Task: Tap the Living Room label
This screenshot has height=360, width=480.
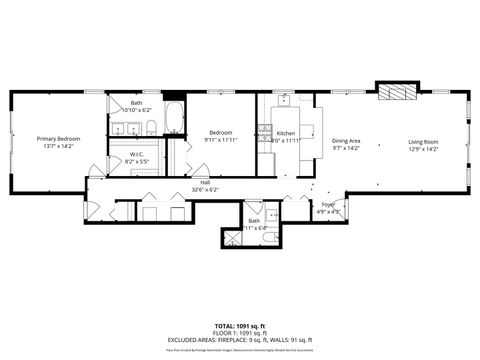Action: tap(423, 142)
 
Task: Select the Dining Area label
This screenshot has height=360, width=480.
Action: tap(346, 142)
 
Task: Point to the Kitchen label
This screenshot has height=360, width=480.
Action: tap(286, 134)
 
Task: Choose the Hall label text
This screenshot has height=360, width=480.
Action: tap(204, 183)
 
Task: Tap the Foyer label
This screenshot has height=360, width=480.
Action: tap(328, 204)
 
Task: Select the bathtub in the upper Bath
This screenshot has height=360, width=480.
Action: tap(173, 118)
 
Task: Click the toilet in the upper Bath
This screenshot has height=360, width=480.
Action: tap(149, 126)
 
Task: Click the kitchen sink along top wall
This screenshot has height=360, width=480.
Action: tap(284, 100)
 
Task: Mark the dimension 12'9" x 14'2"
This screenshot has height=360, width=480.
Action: tap(423, 149)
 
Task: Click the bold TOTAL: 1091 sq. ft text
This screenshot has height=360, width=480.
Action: tap(240, 326)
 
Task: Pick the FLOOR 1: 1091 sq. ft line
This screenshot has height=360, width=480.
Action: tap(240, 333)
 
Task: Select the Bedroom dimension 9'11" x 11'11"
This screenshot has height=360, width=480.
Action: tap(221, 140)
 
